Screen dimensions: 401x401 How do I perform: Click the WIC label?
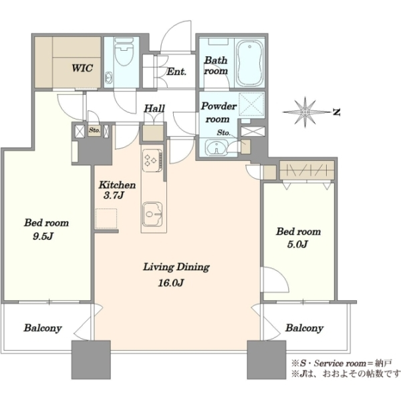(x=82, y=68)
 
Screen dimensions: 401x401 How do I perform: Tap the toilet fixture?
(x=124, y=51)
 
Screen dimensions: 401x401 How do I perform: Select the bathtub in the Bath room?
(x=249, y=63)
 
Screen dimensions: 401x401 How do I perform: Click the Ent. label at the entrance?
(x=176, y=72)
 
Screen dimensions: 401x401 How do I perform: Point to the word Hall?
(x=154, y=108)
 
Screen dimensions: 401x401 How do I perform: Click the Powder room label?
(x=219, y=112)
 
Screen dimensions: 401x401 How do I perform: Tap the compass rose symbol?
(x=305, y=112)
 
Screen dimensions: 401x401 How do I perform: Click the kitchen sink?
(x=152, y=215)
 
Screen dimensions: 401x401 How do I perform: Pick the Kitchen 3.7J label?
(x=117, y=190)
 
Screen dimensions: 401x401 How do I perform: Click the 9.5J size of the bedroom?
(x=43, y=237)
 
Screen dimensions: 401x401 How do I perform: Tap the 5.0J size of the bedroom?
(x=297, y=244)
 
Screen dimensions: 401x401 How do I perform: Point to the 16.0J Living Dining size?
(x=171, y=283)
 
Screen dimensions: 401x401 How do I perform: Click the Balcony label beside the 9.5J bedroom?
(x=43, y=328)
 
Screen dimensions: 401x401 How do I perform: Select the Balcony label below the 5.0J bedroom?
(x=304, y=328)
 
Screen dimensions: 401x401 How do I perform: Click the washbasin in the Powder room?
(x=217, y=147)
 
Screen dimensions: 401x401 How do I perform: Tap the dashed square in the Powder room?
(x=251, y=104)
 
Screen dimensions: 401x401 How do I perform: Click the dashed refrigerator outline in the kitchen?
(x=106, y=219)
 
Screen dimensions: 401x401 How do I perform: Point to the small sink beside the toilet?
(x=109, y=78)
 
